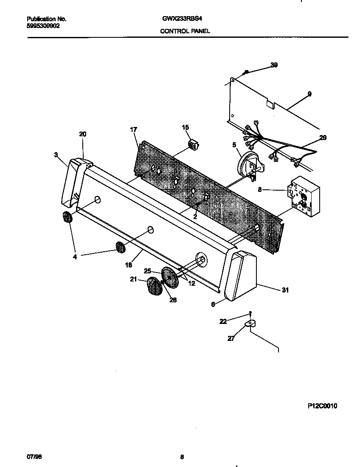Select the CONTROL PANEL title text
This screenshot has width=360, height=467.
click(x=185, y=31)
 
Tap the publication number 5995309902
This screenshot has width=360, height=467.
click(x=43, y=25)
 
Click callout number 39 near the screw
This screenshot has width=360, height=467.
click(x=274, y=65)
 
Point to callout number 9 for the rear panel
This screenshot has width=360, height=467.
click(x=309, y=94)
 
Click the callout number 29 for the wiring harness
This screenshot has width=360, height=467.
click(x=323, y=138)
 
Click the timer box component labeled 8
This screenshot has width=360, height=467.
click(x=304, y=194)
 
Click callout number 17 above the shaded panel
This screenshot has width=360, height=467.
click(x=133, y=129)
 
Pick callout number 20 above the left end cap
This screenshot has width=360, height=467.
click(x=82, y=134)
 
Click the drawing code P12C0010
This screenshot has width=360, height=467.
click(x=322, y=406)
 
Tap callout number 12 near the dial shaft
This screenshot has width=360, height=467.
click(x=191, y=283)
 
